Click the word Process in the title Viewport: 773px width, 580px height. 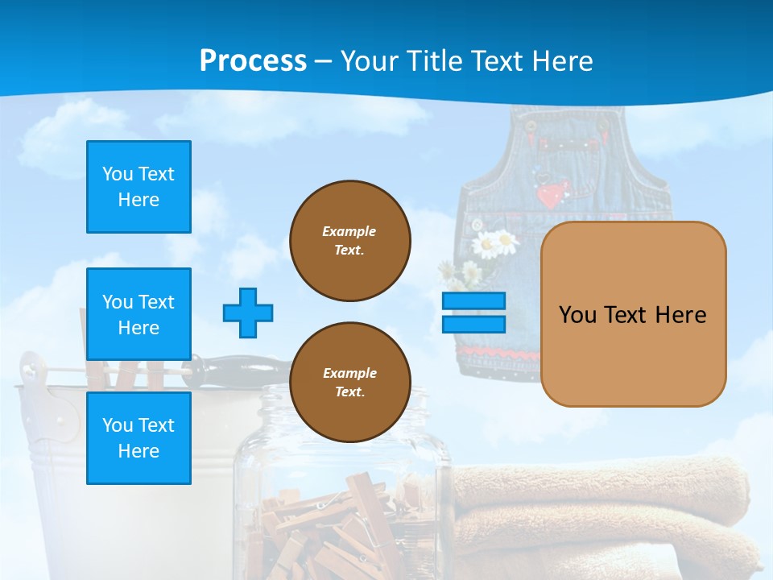tap(253, 60)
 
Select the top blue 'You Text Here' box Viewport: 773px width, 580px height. tap(138, 187)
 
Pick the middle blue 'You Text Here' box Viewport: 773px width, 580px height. tap(138, 314)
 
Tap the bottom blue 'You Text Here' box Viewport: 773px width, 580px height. tap(138, 438)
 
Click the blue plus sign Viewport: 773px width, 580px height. tap(248, 313)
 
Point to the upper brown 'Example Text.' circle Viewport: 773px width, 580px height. tap(349, 241)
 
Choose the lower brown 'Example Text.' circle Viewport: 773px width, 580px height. tap(349, 383)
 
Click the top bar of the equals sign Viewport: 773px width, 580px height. tap(473, 301)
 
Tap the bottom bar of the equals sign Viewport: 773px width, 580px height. tap(473, 325)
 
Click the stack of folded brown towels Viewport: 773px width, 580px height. tap(604, 516)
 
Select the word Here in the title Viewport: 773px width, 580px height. tap(559, 61)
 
